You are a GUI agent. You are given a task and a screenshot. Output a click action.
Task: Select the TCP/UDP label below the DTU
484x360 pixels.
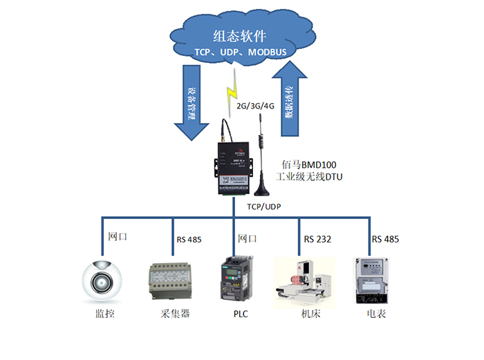(x=264, y=207)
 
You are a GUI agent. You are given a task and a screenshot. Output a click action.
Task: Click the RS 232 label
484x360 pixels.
(x=317, y=240)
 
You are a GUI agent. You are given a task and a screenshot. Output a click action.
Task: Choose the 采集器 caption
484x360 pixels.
(x=171, y=314)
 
